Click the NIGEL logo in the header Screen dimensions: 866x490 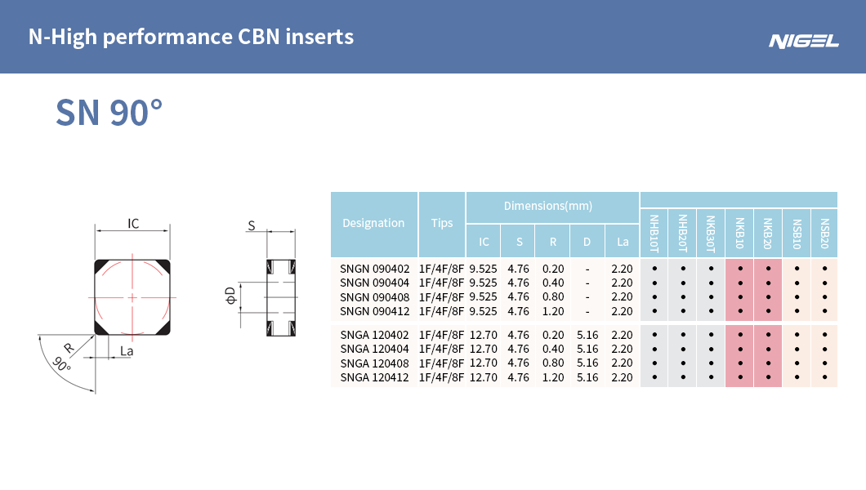(804, 42)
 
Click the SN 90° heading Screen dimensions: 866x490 (109, 113)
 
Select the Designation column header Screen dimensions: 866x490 (373, 223)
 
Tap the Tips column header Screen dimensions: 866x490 (442, 223)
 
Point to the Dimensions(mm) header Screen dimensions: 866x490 (548, 206)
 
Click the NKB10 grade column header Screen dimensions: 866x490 (739, 233)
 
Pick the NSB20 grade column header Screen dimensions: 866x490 (824, 234)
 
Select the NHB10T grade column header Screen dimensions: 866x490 (654, 234)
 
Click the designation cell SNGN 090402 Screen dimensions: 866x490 (374, 269)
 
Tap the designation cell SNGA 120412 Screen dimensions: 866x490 (374, 377)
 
